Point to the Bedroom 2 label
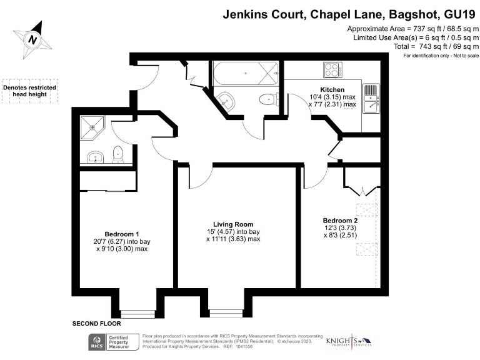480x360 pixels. pos(340,221)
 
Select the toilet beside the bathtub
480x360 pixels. pos(269,99)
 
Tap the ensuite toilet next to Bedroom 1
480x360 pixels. pos(117,153)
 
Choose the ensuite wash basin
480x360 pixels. pos(96,156)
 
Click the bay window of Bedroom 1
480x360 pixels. pos(137,313)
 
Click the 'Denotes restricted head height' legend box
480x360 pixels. pos(29,91)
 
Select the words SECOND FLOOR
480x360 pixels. pos(96,324)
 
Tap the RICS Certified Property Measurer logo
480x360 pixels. pos(113,341)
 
